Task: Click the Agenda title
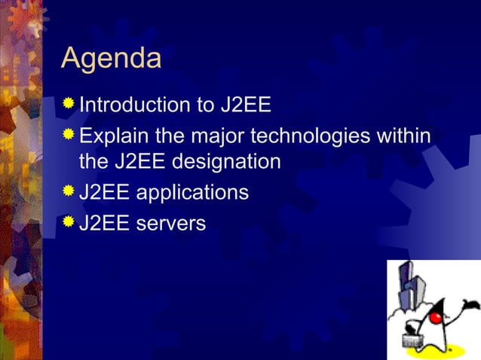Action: [111, 59]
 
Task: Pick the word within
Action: [406, 136]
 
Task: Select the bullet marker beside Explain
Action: [69, 135]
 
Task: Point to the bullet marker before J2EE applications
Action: [69, 191]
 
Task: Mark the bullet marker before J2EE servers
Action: [69, 221]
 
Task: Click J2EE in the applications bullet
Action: [106, 193]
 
